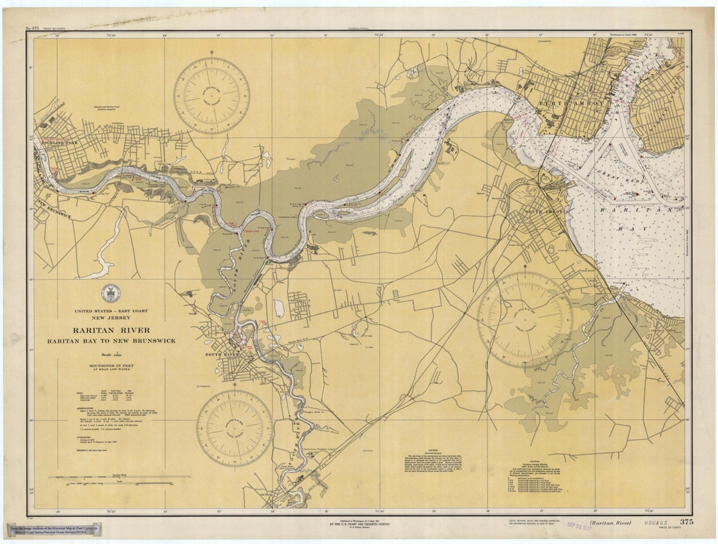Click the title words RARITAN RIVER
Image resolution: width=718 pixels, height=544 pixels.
(111, 330)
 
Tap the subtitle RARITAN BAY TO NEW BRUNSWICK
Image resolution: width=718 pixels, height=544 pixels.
(111, 340)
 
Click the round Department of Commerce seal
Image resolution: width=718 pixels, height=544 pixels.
(111, 293)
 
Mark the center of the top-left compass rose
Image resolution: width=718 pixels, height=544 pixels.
(211, 96)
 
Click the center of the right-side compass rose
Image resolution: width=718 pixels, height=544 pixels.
(525, 320)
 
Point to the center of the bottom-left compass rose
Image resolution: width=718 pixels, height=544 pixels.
(234, 428)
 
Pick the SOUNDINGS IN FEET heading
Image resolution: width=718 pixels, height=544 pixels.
(111, 366)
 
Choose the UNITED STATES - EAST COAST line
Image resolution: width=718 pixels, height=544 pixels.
(111, 311)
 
